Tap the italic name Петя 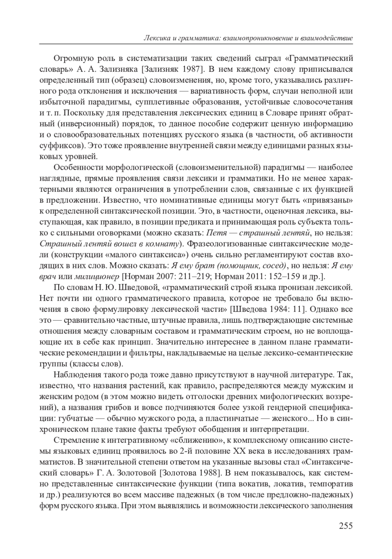coord(216,233)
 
